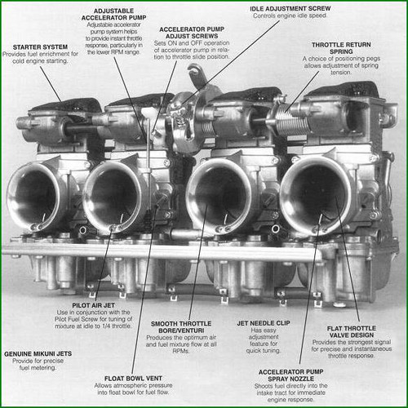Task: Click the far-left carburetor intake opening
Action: click(x=36, y=197)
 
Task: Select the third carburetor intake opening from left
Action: click(x=217, y=196)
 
